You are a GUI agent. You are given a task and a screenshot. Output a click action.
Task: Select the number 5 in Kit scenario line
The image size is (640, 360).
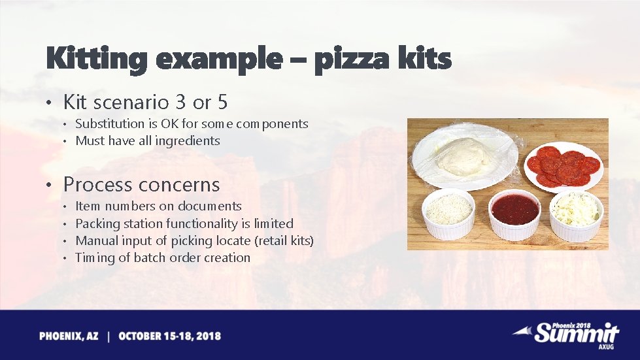pos(222,102)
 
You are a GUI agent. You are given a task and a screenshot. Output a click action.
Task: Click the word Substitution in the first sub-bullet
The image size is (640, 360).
pos(110,123)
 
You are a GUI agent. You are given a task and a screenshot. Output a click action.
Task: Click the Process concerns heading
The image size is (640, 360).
pos(141,185)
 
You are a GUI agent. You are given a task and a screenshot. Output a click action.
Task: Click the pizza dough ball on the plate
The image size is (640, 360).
pos(463,157)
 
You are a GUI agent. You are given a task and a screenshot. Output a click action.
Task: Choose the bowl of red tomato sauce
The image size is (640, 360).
pos(515,211)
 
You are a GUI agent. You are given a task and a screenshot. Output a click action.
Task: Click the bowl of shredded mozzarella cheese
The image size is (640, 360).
pos(576,211)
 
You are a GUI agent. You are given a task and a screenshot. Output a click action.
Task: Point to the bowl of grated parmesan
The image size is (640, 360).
pos(448,211)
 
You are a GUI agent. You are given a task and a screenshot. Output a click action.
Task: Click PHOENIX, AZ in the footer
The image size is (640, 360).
pos(69,336)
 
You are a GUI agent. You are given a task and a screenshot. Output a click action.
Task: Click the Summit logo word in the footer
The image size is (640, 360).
pos(575,333)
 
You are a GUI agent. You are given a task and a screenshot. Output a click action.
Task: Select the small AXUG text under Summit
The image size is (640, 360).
pos(606,347)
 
